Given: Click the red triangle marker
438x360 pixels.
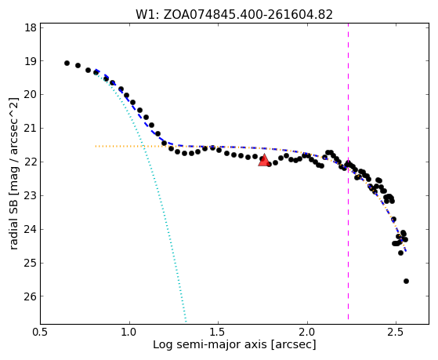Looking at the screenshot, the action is tap(264, 160).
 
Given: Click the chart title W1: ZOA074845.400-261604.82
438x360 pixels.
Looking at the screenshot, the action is tap(234, 15).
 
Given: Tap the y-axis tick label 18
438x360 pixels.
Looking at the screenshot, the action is tap(31, 27).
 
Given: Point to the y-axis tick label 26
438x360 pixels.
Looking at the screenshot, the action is tap(31, 296).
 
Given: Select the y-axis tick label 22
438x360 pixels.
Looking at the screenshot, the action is tap(31, 162).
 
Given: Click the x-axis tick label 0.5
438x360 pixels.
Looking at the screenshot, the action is tap(41, 333).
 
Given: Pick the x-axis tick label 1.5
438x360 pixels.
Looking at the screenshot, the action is tap(218, 333).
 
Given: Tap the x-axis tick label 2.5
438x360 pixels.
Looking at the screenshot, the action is tap(396, 333).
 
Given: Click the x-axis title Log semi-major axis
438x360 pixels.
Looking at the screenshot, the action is tap(210, 345).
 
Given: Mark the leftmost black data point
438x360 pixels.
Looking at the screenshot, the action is tap(67, 63).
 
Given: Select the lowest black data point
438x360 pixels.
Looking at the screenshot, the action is tap(406, 281).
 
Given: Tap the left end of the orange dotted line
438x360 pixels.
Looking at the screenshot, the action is tap(96, 146).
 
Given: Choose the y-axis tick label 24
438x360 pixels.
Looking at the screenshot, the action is tap(31, 229).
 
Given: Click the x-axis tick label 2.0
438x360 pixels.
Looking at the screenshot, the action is tap(307, 333).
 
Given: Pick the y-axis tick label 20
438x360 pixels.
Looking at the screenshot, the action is tap(31, 95).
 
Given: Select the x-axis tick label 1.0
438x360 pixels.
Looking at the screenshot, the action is tap(129, 333).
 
